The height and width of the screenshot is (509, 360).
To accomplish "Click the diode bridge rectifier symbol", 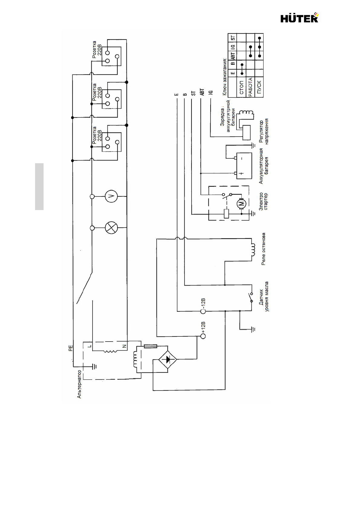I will click(168, 359).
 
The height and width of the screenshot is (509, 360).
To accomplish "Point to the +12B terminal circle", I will click(203, 336).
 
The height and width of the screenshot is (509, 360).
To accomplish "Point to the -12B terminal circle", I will click(203, 311).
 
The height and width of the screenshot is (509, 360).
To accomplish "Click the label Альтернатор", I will click(80, 384).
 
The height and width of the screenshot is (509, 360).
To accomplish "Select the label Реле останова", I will click(263, 249).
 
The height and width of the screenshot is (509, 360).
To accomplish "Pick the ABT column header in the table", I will click(233, 56).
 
